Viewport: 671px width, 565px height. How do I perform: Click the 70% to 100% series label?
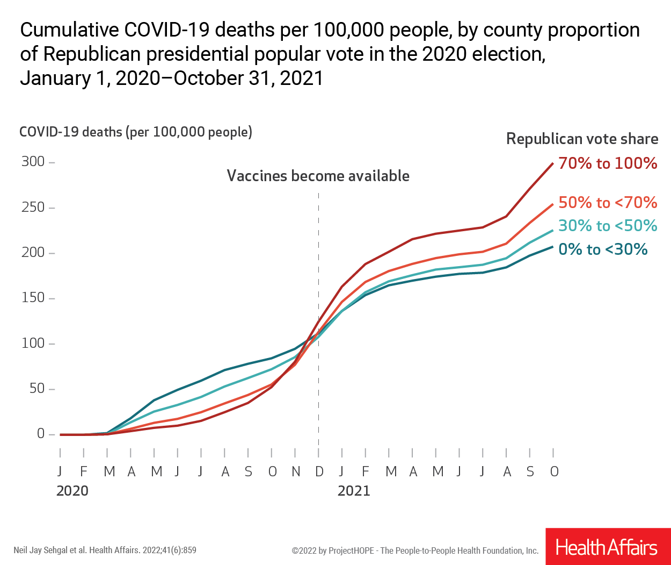tap(608, 163)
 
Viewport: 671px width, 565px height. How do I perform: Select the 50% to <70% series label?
tap(608, 203)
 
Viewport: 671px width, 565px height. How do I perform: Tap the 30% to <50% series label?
tap(608, 226)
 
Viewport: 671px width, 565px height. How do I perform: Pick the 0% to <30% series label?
tap(603, 249)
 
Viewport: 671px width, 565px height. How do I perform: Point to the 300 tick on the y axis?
tap(33, 162)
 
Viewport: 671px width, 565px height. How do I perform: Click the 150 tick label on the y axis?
tap(33, 298)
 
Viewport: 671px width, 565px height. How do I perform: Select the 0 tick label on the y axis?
tap(41, 434)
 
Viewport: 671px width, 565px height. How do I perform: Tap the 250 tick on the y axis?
tap(33, 208)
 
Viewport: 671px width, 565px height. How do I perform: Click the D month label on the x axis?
tap(319, 472)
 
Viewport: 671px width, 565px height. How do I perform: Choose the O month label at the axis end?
tap(554, 472)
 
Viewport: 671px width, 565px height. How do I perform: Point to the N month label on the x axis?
tap(296, 472)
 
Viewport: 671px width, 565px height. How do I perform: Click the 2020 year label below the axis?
tap(72, 491)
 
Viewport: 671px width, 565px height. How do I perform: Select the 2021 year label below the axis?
tap(354, 491)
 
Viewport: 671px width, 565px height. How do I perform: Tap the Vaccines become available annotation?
tap(318, 176)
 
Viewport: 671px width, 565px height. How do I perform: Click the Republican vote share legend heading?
tap(582, 139)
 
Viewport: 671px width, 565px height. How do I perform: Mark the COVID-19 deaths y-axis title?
tap(136, 132)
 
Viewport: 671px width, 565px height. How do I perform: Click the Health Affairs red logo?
tap(607, 547)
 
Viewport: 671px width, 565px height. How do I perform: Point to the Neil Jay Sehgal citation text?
tap(105, 550)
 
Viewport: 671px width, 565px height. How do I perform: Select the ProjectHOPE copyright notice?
tap(415, 550)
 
